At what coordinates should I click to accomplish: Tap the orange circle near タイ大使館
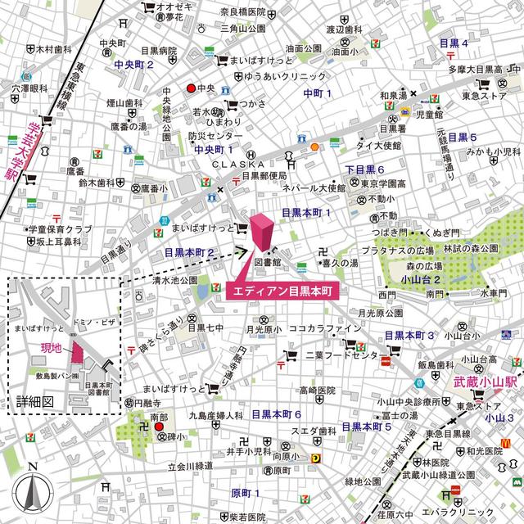[314, 147]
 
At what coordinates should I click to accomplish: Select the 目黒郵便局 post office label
[257, 175]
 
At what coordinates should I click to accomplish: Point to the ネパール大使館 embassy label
[314, 187]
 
